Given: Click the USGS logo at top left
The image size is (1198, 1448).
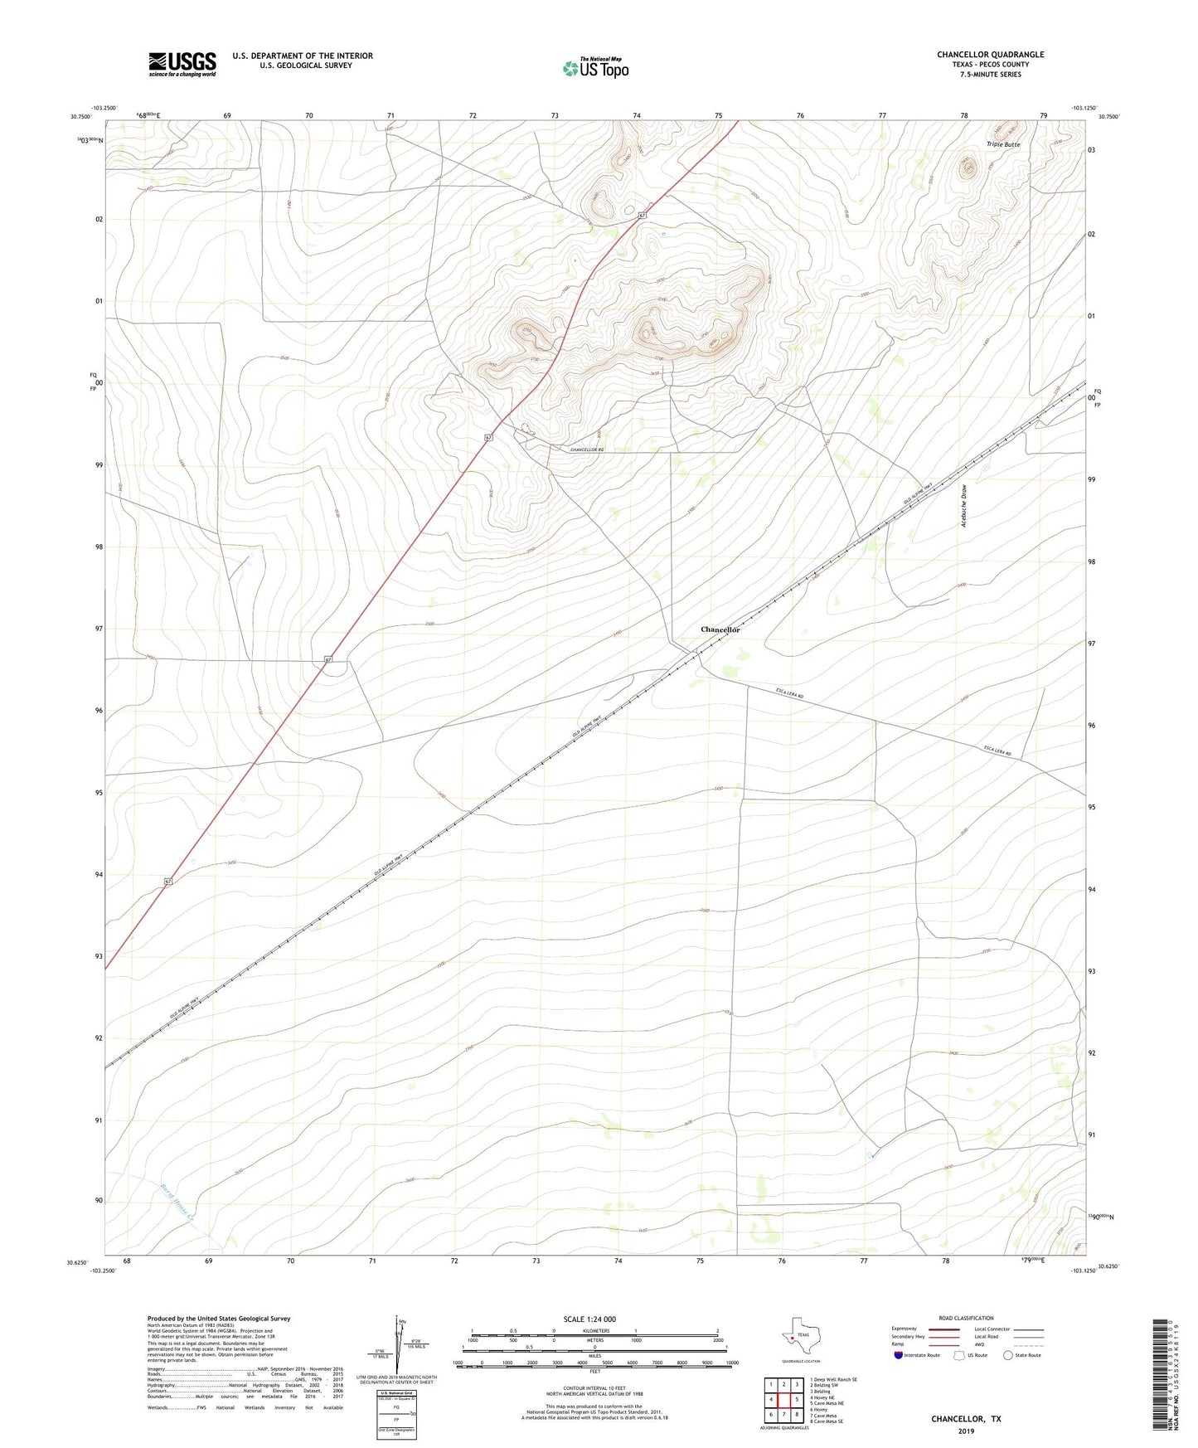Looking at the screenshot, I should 182,64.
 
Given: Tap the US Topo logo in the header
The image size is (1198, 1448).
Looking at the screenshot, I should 595,67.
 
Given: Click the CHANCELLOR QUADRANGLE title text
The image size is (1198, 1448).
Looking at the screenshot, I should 990,55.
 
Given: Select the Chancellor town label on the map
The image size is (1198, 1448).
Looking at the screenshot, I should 720,629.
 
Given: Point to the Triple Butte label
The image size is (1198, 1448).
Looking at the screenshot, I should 1003,144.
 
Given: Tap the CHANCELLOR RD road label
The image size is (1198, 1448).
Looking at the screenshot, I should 575,449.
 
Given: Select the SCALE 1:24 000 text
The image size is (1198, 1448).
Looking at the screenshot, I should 589,1319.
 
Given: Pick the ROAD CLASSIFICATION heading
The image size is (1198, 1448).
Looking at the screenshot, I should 966,1318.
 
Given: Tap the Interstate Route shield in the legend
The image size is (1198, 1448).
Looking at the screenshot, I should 899,1355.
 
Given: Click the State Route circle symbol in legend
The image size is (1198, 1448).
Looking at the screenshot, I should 1008,1355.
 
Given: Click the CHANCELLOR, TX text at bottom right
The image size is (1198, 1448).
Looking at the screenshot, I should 966,1419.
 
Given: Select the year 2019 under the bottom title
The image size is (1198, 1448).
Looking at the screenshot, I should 966,1431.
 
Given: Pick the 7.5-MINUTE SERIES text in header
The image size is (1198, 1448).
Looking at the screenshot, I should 990,75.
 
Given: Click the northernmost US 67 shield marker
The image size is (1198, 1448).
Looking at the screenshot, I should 642,216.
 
